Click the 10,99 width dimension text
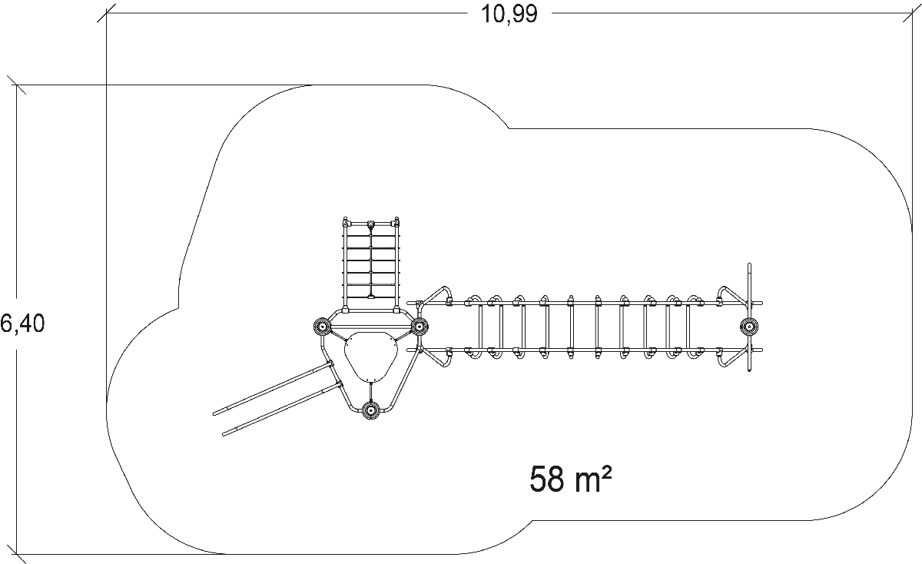pyautogui.click(x=509, y=14)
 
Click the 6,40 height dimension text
pyautogui.click(x=22, y=323)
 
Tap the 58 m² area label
pyautogui.click(x=570, y=479)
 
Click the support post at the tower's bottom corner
pyautogui.click(x=370, y=410)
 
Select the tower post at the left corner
pyautogui.click(x=321, y=327)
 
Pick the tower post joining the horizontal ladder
pyautogui.click(x=419, y=327)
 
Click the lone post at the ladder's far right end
pyautogui.click(x=749, y=327)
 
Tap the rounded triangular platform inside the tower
pyautogui.click(x=370, y=355)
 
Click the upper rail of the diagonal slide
pyautogui.click(x=273, y=387)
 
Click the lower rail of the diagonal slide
pyautogui.click(x=283, y=408)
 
